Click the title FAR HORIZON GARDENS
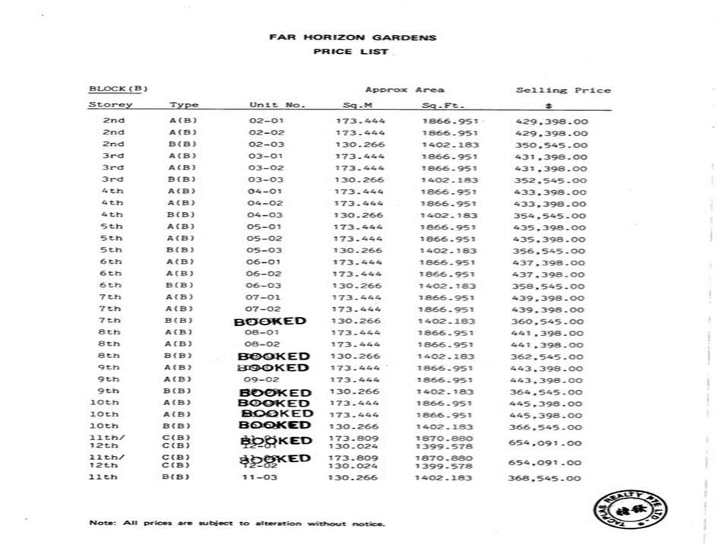(x=353, y=36)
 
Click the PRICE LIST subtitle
(x=351, y=52)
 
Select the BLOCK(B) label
(x=118, y=89)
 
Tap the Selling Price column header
(x=563, y=90)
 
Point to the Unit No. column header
(x=278, y=105)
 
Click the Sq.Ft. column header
(x=443, y=105)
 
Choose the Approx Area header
(x=405, y=90)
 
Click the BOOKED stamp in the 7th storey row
(x=271, y=321)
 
